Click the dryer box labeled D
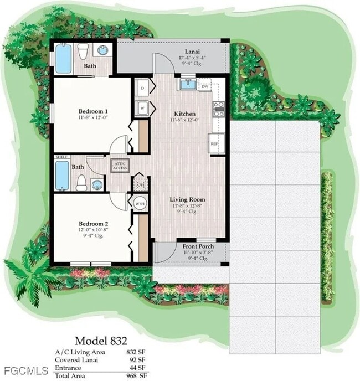pos(142,88)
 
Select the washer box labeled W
pos(142,108)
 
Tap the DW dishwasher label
pos(205,86)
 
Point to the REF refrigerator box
pos(214,143)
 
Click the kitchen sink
pos(188,84)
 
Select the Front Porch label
pos(198,246)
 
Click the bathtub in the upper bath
pos(64,59)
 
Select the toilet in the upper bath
pos(83,52)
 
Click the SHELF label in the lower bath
pos(61,157)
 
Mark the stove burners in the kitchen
pos(218,108)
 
